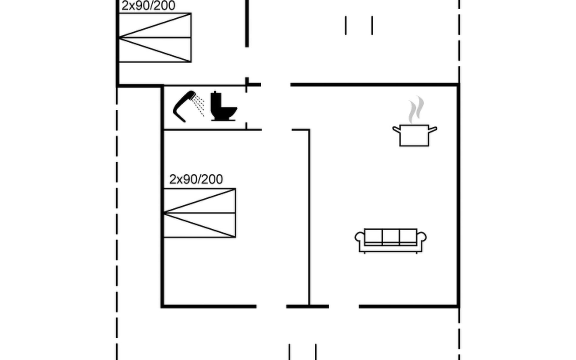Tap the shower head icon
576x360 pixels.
tap(184, 106)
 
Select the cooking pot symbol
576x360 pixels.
tap(414, 135)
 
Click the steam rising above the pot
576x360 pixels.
tap(416, 109)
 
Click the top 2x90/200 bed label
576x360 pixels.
tap(148, 6)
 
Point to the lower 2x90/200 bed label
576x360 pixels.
tap(196, 179)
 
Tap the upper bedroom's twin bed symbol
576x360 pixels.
tap(155, 37)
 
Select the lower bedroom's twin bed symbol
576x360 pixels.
tap(199, 213)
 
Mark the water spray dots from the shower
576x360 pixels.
tap(199, 105)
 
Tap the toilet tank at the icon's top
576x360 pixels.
tap(216, 99)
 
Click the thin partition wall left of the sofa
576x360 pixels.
tap(309, 216)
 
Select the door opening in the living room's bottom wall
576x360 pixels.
tap(344, 306)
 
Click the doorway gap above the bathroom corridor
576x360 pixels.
tap(276, 85)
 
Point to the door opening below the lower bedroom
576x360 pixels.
tap(271, 306)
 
